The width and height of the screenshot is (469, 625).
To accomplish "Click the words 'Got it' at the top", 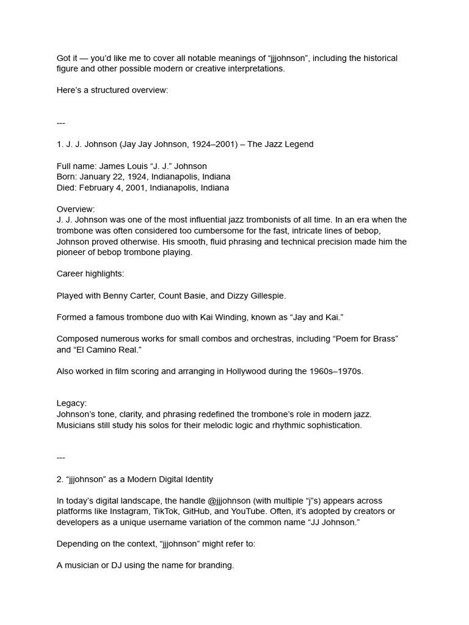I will point(66,58).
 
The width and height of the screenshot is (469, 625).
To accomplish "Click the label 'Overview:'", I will point(76,209).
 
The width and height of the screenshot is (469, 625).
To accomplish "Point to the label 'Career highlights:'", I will point(90,273).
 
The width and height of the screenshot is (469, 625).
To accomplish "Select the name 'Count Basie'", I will point(184,295).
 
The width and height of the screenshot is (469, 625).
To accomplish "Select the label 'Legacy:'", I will point(72,403).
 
